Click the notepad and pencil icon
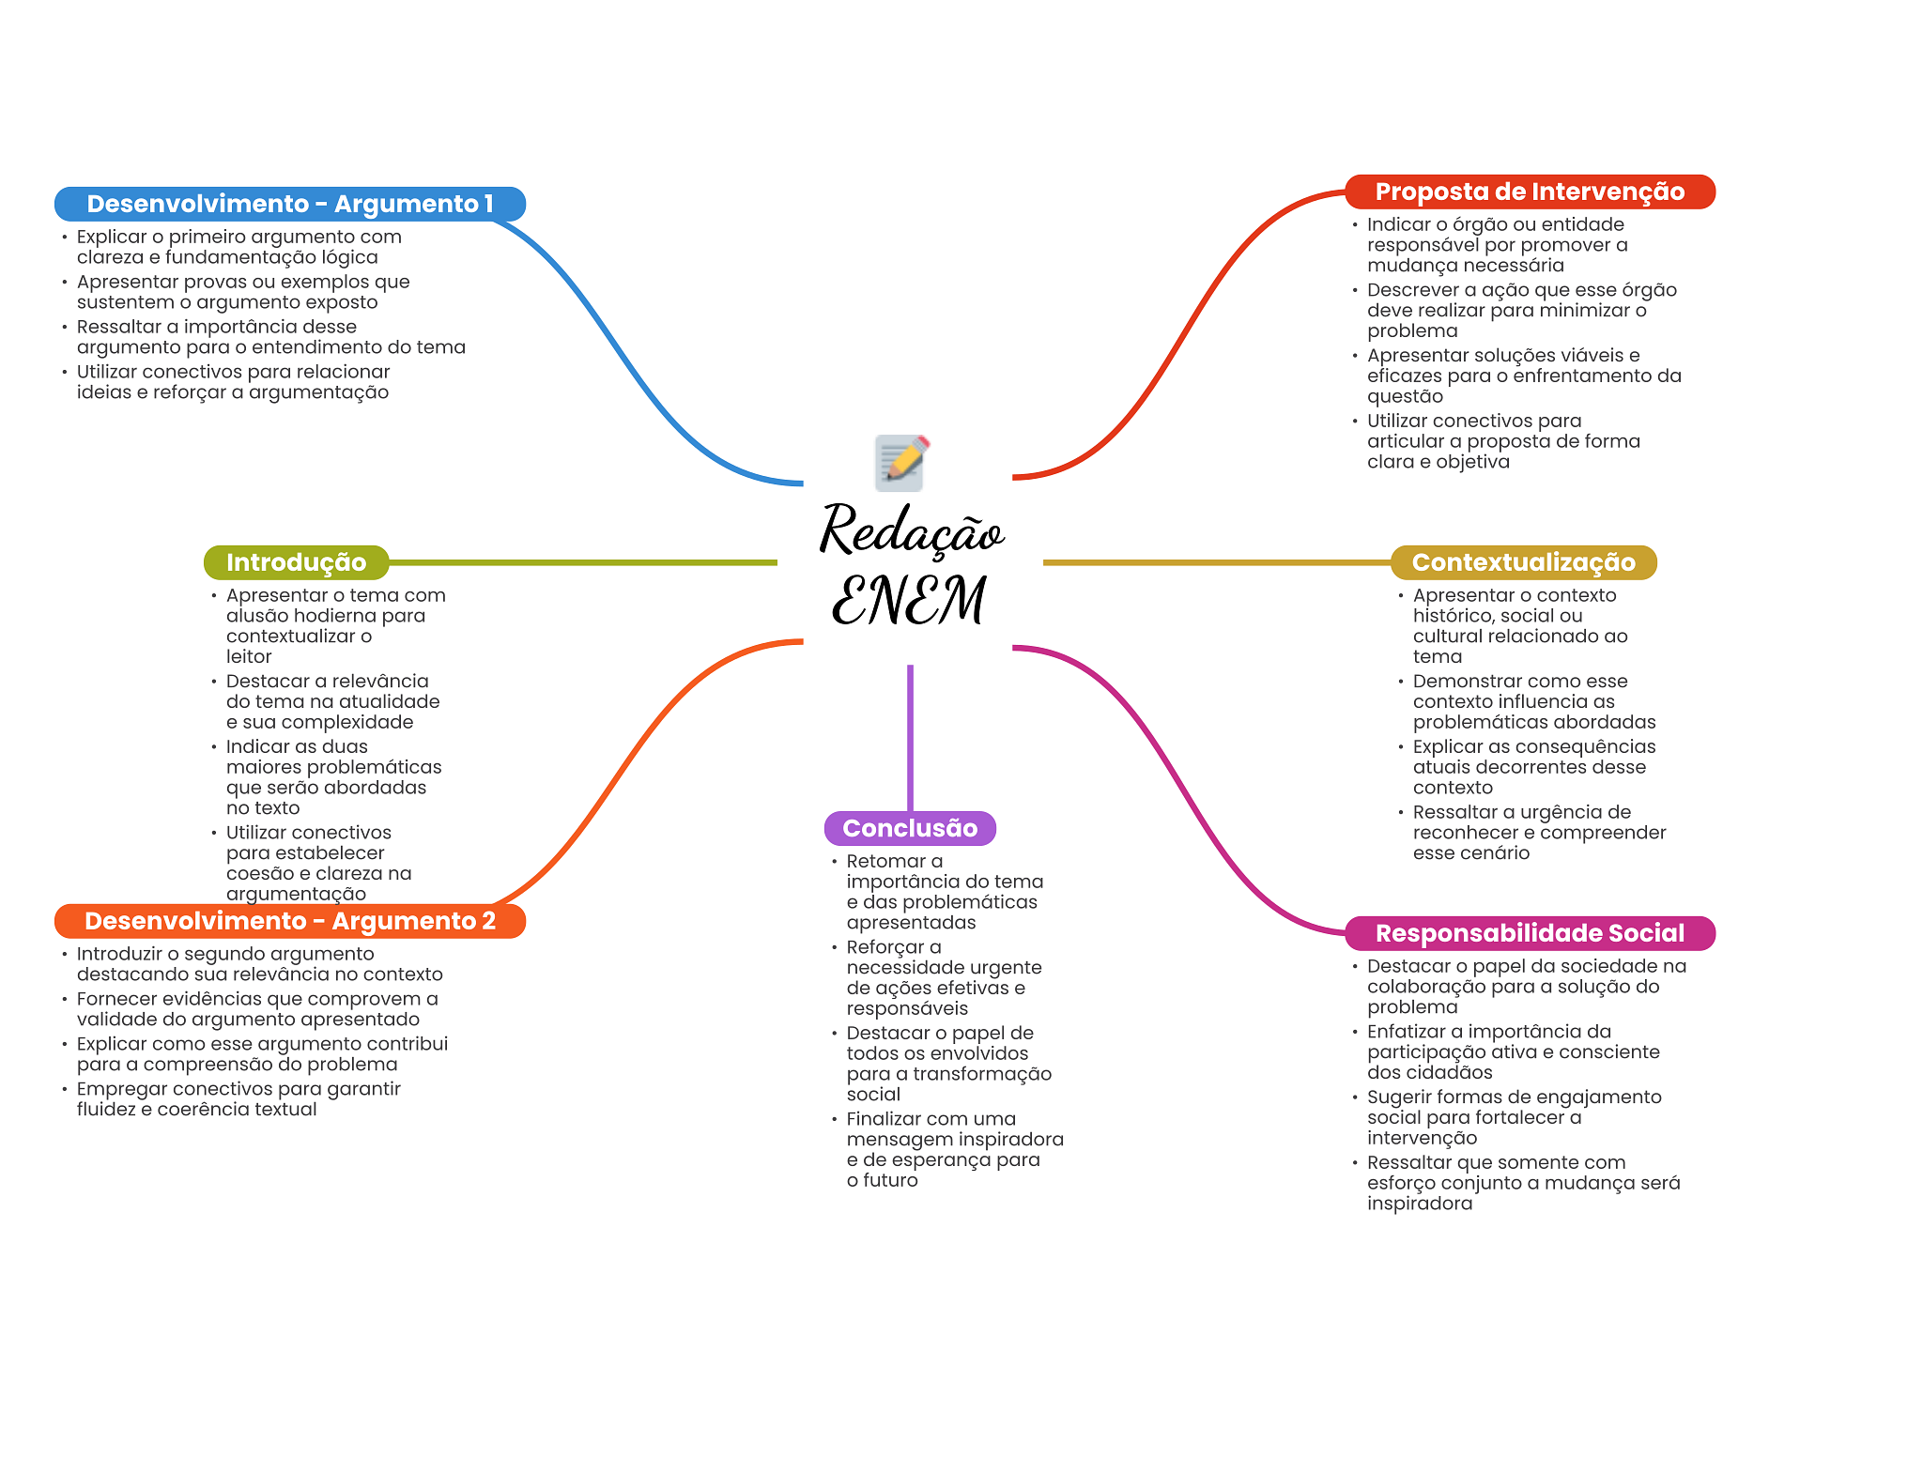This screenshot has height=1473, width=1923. pyautogui.click(x=901, y=462)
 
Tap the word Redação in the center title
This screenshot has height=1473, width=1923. pyautogui.click(x=912, y=531)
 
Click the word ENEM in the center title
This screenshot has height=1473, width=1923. pyautogui.click(x=909, y=600)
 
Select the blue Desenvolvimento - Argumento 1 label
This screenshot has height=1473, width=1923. pyautogui.click(x=290, y=204)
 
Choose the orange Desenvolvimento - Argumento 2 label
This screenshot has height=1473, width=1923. pyautogui.click(x=290, y=921)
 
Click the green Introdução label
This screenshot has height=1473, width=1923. pyautogui.click(x=296, y=562)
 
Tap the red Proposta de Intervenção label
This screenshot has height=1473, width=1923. pyautogui.click(x=1530, y=192)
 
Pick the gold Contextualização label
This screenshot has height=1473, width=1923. pyautogui.click(x=1523, y=562)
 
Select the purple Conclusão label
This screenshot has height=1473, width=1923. pyautogui.click(x=910, y=828)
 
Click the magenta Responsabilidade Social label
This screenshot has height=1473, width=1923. pyautogui.click(x=1530, y=933)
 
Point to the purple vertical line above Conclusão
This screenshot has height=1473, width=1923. pyautogui.click(x=910, y=738)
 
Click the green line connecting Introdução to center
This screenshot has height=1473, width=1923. pyautogui.click(x=583, y=562)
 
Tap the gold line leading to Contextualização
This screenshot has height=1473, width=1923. pyautogui.click(x=1217, y=562)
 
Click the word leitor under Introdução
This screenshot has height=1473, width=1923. pyautogui.click(x=249, y=656)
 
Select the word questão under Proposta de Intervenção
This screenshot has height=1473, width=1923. pyautogui.click(x=1405, y=396)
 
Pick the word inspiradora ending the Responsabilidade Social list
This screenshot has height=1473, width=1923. pyautogui.click(x=1420, y=1204)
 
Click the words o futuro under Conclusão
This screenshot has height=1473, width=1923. pyautogui.click(x=882, y=1180)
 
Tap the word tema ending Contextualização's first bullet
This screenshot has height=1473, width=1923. pyautogui.click(x=1438, y=656)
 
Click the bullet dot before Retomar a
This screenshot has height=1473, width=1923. pyautogui.click(x=834, y=861)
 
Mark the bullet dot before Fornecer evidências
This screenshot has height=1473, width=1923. pyautogui.click(x=65, y=999)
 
